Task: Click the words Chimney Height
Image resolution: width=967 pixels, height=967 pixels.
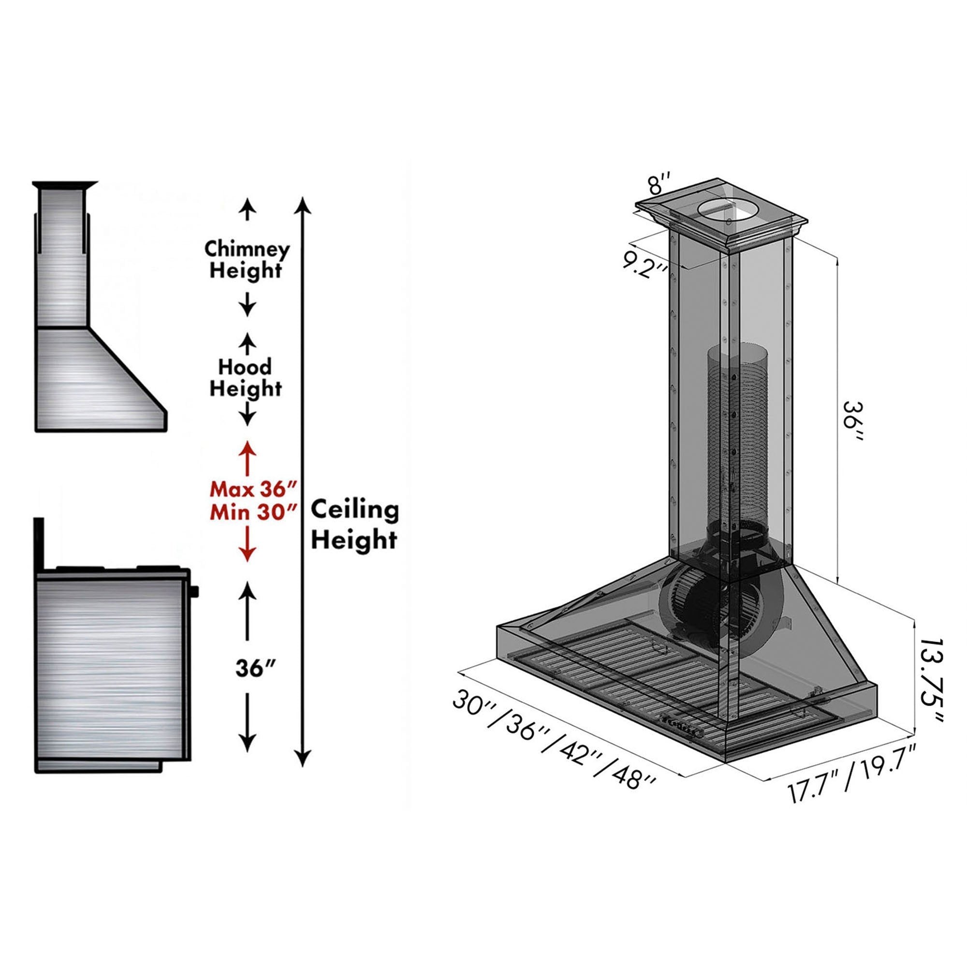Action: [247, 259]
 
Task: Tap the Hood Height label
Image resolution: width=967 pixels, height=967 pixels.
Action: [245, 378]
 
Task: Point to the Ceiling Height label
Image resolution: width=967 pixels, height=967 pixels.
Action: [355, 525]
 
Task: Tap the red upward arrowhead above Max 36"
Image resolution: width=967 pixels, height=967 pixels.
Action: [247, 448]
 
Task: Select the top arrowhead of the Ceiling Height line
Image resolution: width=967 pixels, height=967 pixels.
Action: [302, 205]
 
